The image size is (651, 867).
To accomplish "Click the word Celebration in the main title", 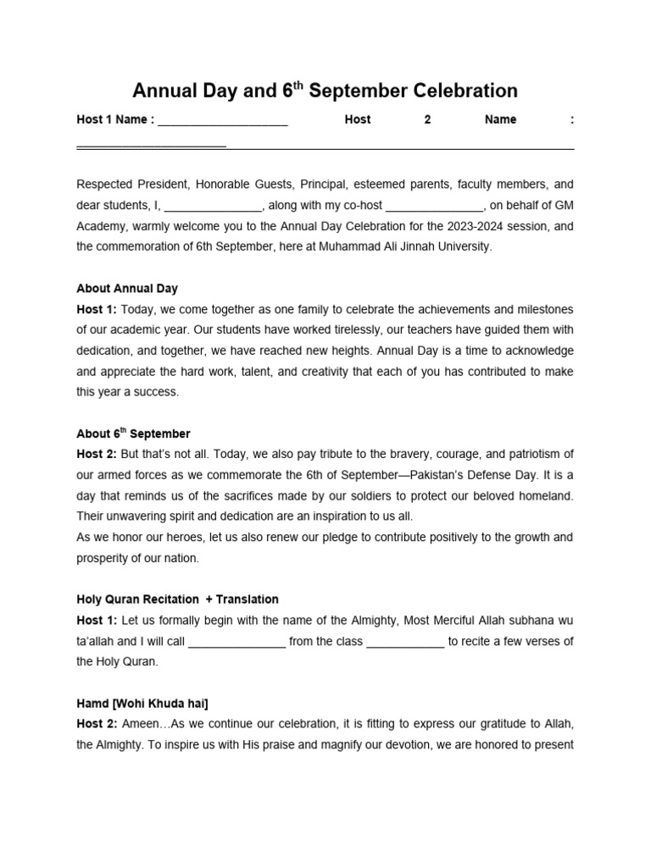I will tap(465, 91).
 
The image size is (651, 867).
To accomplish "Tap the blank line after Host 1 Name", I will tap(223, 121).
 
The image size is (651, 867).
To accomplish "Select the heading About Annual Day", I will tap(127, 288).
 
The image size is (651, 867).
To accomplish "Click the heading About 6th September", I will tap(133, 433).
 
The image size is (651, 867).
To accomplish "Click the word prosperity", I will tap(104, 558).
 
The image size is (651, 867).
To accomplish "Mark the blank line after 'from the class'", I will tap(405, 642).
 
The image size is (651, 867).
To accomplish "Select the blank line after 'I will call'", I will tap(236, 642).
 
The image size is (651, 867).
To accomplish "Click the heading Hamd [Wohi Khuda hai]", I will tap(142, 703).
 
